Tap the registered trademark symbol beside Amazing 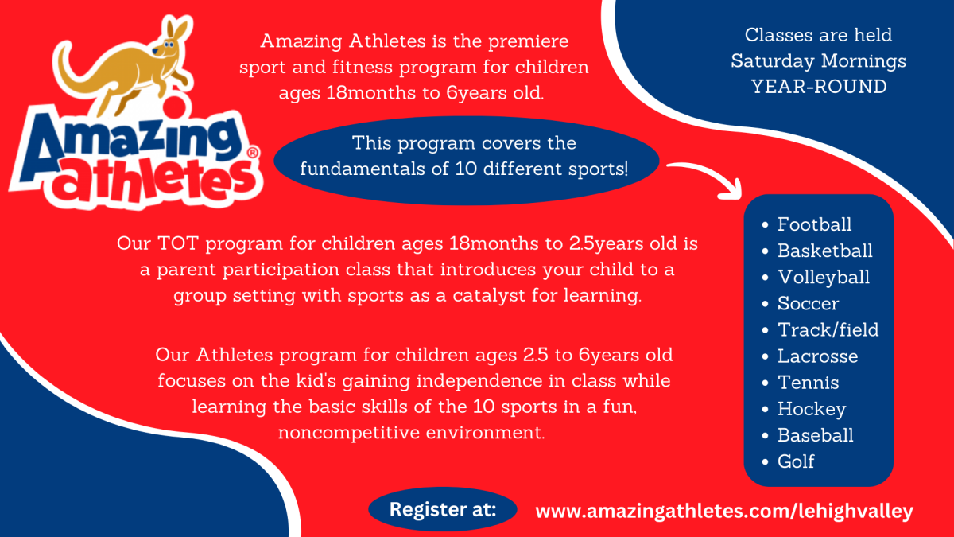click(x=253, y=153)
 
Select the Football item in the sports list click(x=814, y=224)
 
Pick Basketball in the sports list click(x=825, y=251)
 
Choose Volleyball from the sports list click(x=824, y=278)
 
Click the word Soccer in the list click(x=808, y=303)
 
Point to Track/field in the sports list click(x=828, y=330)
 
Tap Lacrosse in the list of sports click(x=818, y=356)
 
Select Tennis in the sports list click(x=809, y=383)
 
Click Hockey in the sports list click(x=812, y=410)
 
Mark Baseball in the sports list click(x=816, y=435)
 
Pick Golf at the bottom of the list click(x=796, y=461)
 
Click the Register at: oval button click(x=443, y=509)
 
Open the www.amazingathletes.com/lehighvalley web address click(x=724, y=512)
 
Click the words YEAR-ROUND click(x=819, y=87)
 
